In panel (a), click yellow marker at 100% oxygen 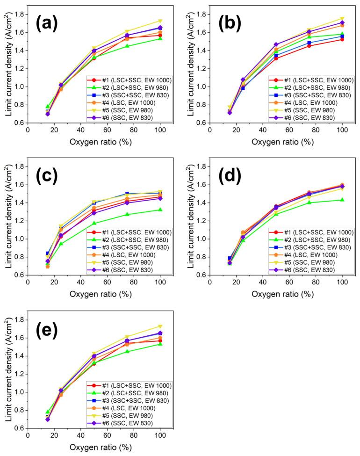click(160, 21)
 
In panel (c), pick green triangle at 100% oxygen click(160, 210)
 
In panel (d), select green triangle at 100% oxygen click(342, 200)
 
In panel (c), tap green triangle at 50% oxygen click(94, 223)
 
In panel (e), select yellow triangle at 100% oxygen click(160, 326)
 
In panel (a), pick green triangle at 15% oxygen click(48, 107)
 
